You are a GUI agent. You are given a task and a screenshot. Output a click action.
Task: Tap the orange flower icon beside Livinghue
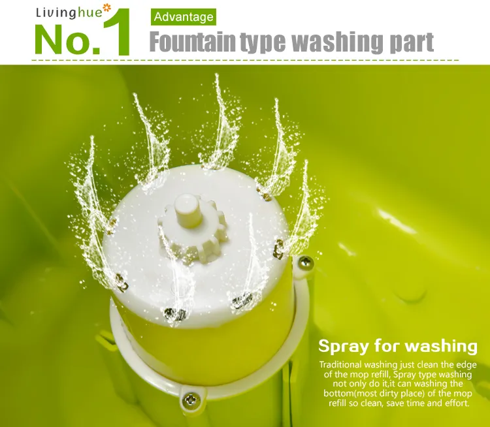click(107, 8)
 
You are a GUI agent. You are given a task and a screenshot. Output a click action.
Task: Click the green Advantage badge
click(184, 17)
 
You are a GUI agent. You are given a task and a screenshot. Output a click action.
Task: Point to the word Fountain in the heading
click(193, 41)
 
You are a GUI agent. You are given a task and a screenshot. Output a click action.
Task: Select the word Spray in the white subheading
click(344, 347)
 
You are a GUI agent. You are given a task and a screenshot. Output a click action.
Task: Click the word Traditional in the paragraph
click(340, 365)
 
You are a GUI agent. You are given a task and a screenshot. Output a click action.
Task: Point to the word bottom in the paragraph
click(338, 393)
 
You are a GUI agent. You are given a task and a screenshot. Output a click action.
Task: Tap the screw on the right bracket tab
click(305, 262)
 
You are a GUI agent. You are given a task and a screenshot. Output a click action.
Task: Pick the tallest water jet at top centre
click(220, 122)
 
